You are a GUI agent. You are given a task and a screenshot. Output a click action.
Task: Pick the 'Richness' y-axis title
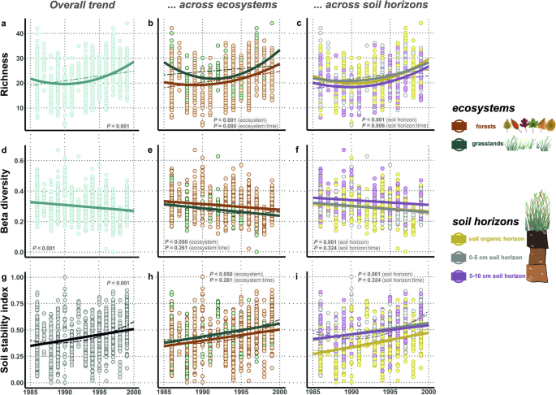click(x=6, y=79)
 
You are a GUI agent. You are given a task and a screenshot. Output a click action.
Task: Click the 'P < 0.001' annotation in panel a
click(x=120, y=126)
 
